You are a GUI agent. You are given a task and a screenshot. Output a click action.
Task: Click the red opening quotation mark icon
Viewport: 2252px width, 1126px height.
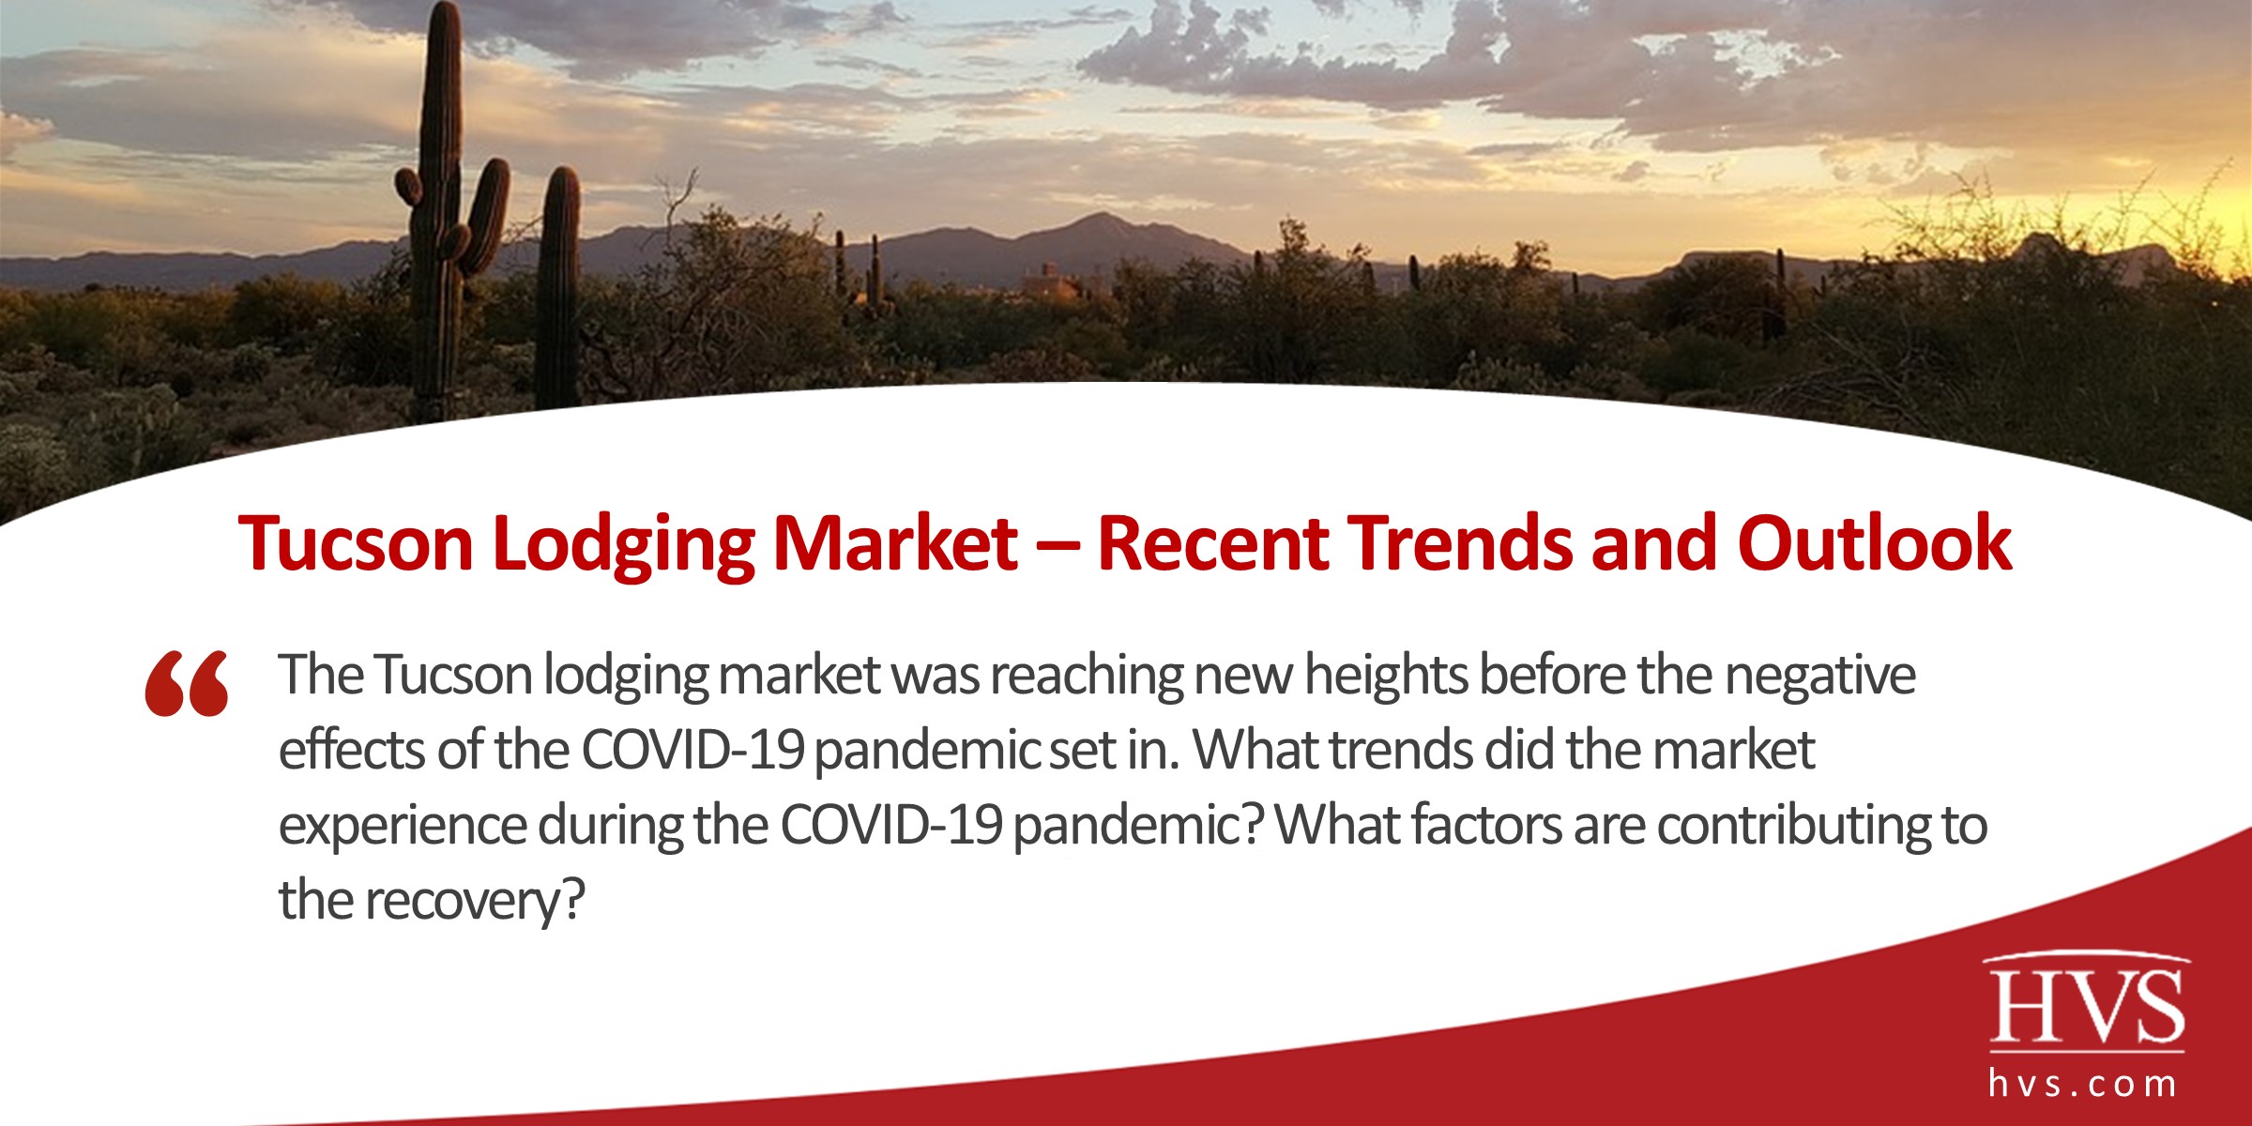(187, 684)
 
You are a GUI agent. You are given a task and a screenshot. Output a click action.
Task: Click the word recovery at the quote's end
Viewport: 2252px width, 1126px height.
(474, 902)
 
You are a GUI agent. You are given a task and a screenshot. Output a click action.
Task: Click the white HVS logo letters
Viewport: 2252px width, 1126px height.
(2087, 1005)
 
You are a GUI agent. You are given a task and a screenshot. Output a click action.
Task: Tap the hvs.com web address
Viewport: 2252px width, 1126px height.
(2082, 1085)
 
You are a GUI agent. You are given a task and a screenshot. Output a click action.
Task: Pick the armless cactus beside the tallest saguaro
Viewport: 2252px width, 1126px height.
(558, 286)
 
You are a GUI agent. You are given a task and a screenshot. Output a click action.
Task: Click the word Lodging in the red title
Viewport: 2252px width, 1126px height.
(623, 544)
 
